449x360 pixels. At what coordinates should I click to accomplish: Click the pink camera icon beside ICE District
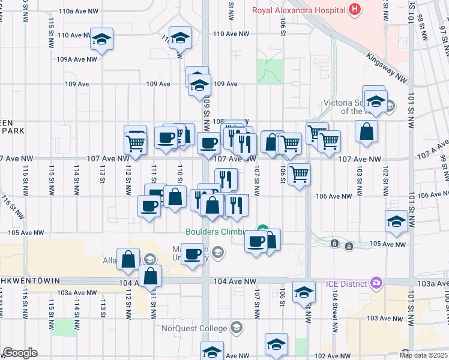click(376, 283)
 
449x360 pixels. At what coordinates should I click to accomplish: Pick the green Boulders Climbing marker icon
click(262, 229)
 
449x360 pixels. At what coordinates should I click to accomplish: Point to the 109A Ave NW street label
click(77, 59)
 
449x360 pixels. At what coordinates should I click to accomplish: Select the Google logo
click(20, 353)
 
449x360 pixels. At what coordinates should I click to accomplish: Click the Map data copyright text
click(424, 355)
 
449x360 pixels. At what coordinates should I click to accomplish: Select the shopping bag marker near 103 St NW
click(366, 131)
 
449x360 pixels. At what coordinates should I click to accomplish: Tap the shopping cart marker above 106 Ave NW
click(299, 175)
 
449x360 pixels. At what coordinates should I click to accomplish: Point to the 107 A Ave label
click(435, 148)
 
